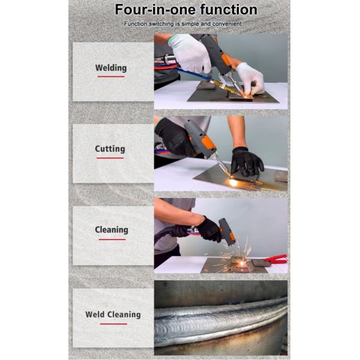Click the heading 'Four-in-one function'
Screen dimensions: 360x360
pyautogui.click(x=186, y=10)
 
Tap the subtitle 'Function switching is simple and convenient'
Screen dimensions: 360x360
pyautogui.click(x=183, y=24)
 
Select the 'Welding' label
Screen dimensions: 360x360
pyautogui.click(x=111, y=68)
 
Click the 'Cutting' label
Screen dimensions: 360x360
pyautogui.click(x=110, y=149)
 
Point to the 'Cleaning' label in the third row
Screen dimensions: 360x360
pyautogui.click(x=112, y=230)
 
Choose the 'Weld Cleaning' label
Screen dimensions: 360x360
pyautogui.click(x=113, y=314)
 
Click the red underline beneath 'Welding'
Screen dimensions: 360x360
pyautogui.click(x=111, y=77)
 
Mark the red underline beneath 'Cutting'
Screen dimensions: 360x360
pyautogui.click(x=110, y=158)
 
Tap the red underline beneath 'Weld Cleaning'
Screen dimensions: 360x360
pyautogui.click(x=113, y=324)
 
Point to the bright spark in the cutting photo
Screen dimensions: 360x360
pyautogui.click(x=233, y=182)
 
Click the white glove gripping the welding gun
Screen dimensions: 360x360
pyautogui.click(x=190, y=53)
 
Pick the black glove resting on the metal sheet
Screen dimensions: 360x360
pyautogui.click(x=247, y=161)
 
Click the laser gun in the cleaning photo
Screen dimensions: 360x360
pyautogui.click(x=227, y=232)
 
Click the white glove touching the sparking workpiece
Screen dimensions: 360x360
pyautogui.click(x=251, y=79)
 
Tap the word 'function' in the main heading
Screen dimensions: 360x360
pyautogui.click(x=229, y=10)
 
